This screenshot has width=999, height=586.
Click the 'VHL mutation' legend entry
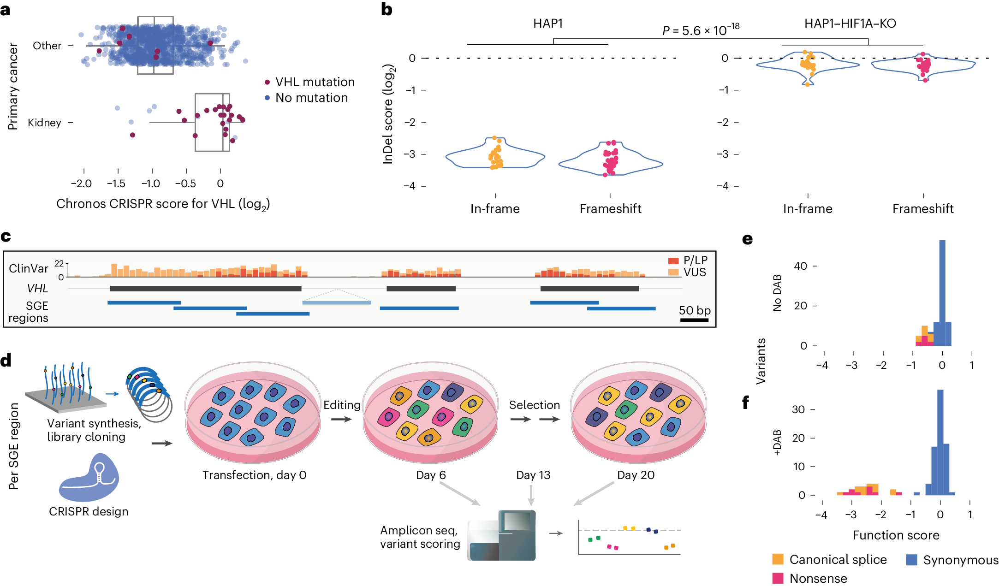315,82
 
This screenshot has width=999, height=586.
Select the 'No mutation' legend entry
311,98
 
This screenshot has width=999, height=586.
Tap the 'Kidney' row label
44,123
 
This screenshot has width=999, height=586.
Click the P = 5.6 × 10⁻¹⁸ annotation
700,30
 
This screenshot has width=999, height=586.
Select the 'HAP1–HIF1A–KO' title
850,24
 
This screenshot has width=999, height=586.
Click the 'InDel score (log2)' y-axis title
388,114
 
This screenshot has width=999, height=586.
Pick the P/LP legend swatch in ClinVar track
673,260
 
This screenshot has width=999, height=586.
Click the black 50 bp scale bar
694,320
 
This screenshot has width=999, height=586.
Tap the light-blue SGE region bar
337,302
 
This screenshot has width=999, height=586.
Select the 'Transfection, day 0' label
254,475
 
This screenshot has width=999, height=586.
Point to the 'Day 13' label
533,475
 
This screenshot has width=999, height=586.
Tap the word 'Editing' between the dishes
342,405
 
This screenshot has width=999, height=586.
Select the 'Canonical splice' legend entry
838,560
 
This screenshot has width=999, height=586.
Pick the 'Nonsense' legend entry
818,578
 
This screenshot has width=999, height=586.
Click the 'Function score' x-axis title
896,535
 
